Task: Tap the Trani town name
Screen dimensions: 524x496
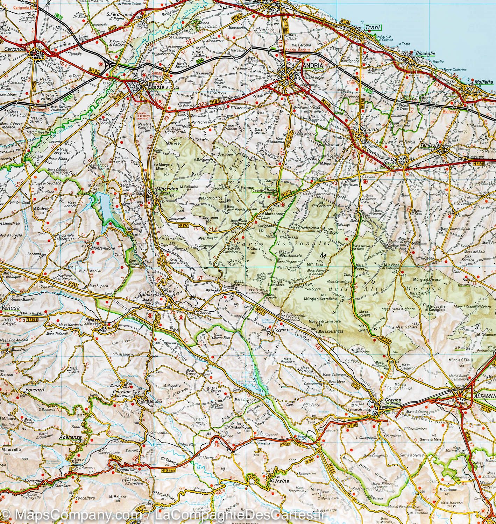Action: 373,28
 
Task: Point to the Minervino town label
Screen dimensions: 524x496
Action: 167,189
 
